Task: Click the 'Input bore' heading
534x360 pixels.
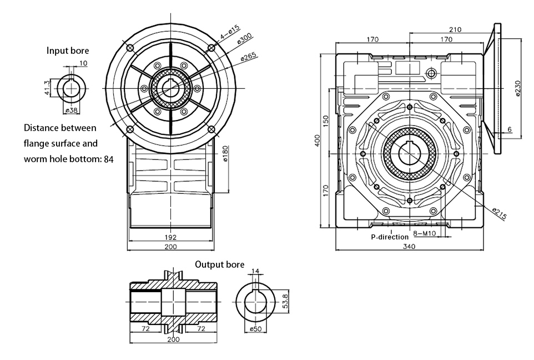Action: (x=67, y=51)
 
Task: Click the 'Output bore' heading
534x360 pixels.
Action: (x=219, y=264)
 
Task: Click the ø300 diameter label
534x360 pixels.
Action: (x=244, y=43)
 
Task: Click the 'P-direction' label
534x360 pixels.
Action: (x=390, y=237)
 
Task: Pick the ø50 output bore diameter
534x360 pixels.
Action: (x=255, y=329)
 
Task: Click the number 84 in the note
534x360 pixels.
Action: (x=108, y=159)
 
